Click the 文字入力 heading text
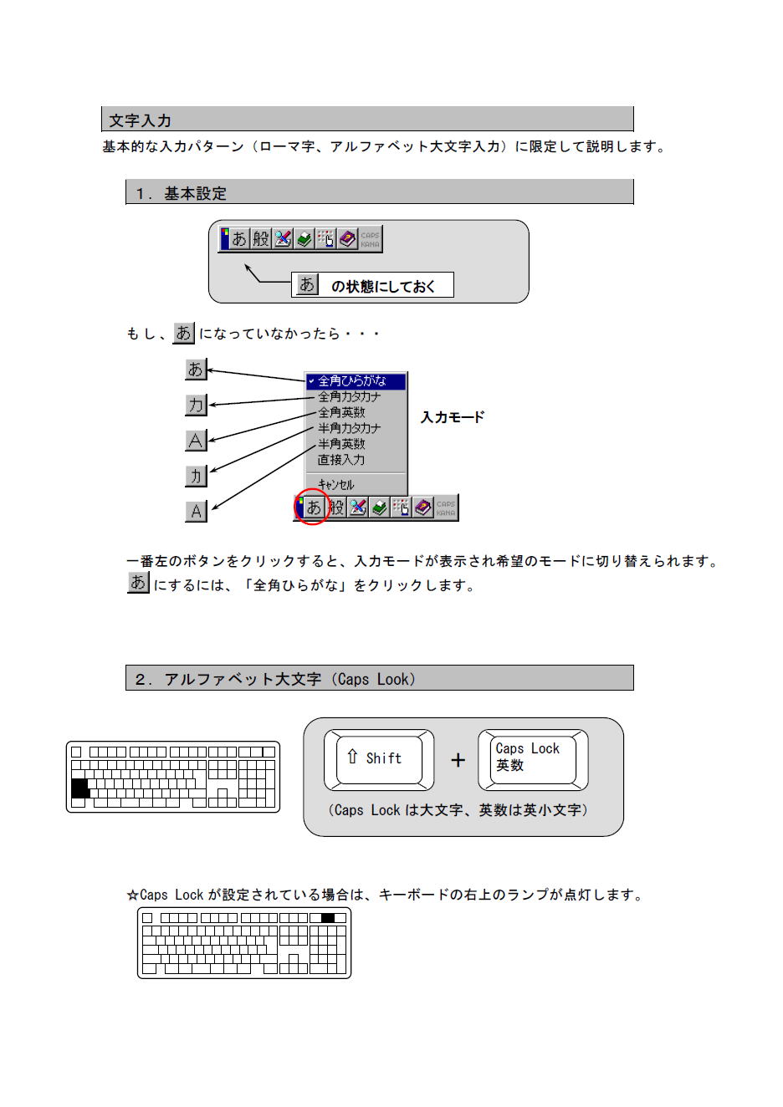click(x=140, y=120)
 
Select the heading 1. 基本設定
click(x=181, y=193)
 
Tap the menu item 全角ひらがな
click(x=351, y=381)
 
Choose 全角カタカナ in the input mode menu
click(x=349, y=397)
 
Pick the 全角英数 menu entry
click(x=341, y=413)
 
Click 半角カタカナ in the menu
click(x=349, y=428)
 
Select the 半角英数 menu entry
click(x=341, y=444)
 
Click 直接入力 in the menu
click(x=341, y=460)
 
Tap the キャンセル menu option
click(x=336, y=485)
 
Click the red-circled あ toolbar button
click(x=314, y=508)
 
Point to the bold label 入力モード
click(x=453, y=417)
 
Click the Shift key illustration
click(x=379, y=760)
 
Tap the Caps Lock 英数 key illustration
click(x=533, y=760)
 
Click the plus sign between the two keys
click(x=458, y=760)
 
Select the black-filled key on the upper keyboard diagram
click(x=80, y=788)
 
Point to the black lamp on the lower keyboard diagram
click(x=328, y=918)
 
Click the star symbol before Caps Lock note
click(x=132, y=895)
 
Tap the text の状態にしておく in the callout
click(x=383, y=287)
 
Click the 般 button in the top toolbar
click(x=261, y=239)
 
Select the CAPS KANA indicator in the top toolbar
click(x=371, y=240)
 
